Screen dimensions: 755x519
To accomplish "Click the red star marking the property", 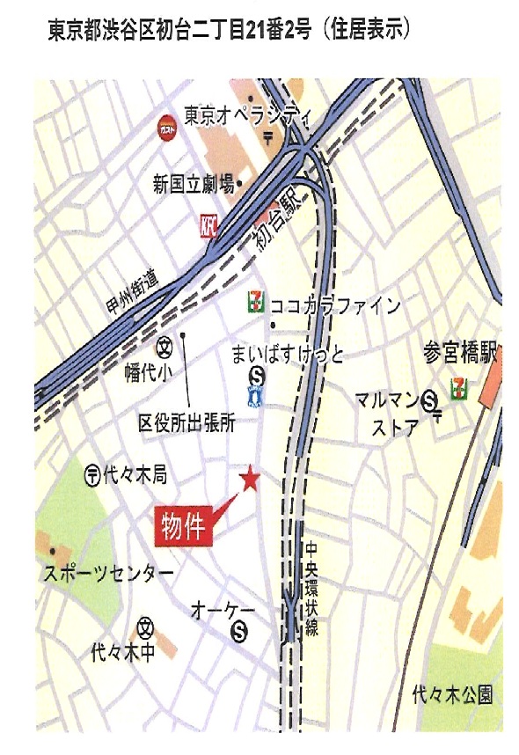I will (x=251, y=480).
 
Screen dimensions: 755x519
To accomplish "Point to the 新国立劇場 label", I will (x=193, y=184).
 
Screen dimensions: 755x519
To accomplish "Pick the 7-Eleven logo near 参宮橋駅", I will (x=458, y=388).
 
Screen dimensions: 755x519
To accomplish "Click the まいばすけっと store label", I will (x=287, y=355).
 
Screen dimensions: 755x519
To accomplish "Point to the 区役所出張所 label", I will (x=186, y=423).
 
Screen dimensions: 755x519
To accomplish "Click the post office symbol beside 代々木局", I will (x=92, y=476).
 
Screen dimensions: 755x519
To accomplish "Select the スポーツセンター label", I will (x=108, y=574).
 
